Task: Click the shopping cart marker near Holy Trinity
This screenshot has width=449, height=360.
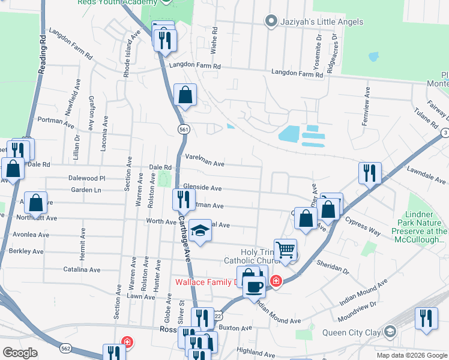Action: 286,250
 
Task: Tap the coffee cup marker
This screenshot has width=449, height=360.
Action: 255,286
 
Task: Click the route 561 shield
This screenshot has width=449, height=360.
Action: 183,129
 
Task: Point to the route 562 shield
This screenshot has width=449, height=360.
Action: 66,348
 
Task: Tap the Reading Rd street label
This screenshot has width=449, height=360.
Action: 43,54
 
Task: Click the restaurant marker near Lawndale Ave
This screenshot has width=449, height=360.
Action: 370,173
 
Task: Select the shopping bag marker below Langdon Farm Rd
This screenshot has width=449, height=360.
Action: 185,95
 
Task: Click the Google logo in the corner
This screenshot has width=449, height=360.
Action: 20,353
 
